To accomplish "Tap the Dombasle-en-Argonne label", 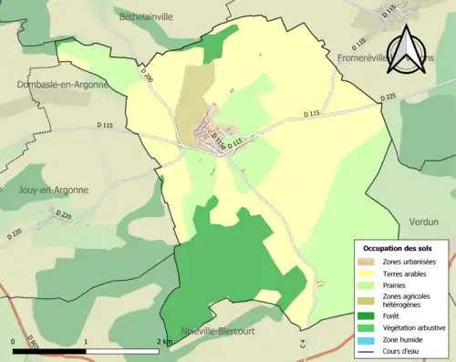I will [61, 84].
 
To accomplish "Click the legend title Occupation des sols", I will [399, 248].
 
